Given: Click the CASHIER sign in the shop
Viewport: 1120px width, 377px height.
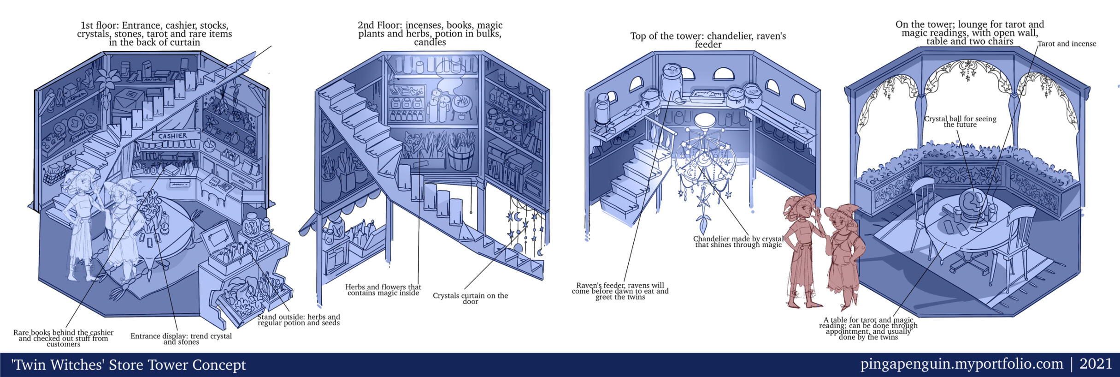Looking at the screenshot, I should (x=173, y=136).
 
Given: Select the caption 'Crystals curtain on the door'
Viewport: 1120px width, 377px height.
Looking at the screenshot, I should (x=470, y=298).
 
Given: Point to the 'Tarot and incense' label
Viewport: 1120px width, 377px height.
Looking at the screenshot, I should (x=1067, y=44).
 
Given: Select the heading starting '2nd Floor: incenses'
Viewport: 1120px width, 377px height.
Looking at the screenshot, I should (x=430, y=33).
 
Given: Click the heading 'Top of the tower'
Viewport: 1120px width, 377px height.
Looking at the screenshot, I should (x=708, y=40).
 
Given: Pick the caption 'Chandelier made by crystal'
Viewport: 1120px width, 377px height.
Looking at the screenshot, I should (x=738, y=242).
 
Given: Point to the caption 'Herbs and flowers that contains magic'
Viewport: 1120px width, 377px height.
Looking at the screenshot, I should (x=383, y=290).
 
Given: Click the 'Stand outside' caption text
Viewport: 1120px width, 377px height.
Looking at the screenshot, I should (x=298, y=320).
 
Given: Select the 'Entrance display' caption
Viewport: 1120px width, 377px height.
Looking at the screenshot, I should (x=181, y=339).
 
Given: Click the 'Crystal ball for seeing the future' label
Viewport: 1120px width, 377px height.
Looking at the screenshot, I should (x=960, y=121).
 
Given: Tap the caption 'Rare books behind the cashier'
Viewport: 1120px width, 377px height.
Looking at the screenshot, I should (x=63, y=338).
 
